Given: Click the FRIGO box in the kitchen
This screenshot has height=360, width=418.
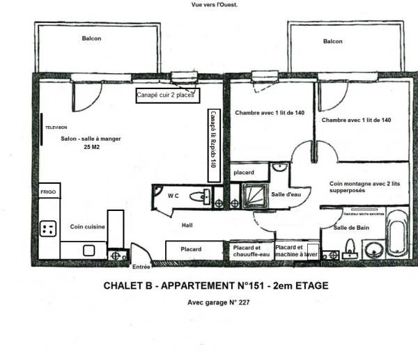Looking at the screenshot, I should click(x=47, y=190).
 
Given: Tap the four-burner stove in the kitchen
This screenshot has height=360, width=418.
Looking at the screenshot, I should click(x=49, y=228).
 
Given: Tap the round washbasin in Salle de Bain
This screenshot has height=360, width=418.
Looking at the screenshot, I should click(x=375, y=248).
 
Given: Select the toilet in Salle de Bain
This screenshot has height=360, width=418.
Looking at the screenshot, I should click(x=351, y=247).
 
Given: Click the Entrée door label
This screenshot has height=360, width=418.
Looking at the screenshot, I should click(x=141, y=267).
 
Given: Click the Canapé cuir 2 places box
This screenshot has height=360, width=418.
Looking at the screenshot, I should click(x=165, y=95).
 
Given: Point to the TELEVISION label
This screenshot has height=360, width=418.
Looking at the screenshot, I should click(x=57, y=129).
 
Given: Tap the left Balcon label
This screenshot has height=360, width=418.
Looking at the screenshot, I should click(x=91, y=38).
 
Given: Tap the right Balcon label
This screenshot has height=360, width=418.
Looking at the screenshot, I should click(x=332, y=41).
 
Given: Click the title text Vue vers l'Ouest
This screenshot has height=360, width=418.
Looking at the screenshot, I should click(x=215, y=4).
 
